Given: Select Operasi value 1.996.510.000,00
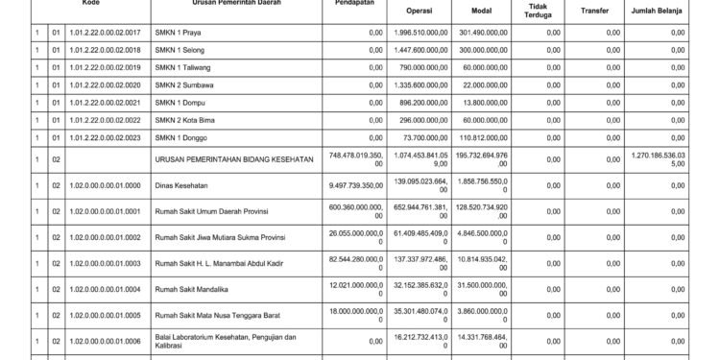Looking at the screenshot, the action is coord(421,33).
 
